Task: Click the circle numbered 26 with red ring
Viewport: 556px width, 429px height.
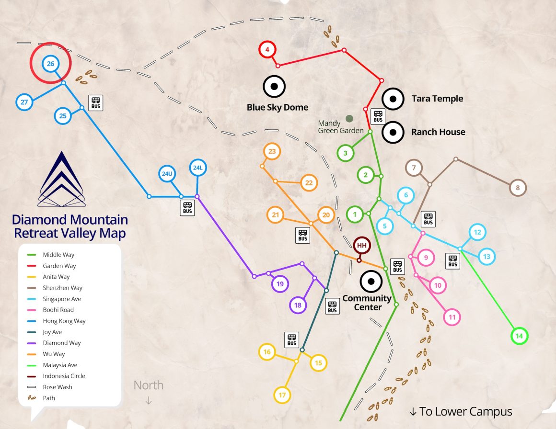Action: (x=50, y=63)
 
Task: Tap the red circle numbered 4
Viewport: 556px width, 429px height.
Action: (x=267, y=49)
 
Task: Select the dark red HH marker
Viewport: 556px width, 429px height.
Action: (x=362, y=246)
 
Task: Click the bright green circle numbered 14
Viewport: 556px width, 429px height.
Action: (x=519, y=336)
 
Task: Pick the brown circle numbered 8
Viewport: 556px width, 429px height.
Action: (x=518, y=188)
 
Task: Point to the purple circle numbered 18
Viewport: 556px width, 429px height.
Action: (x=298, y=305)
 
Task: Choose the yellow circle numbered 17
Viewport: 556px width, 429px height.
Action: (x=282, y=395)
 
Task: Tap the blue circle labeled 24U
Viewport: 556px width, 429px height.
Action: (x=167, y=174)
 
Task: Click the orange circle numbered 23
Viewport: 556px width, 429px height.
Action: (x=272, y=152)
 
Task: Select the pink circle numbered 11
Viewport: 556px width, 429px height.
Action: (x=452, y=317)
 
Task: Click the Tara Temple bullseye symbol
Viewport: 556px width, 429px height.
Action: (x=393, y=99)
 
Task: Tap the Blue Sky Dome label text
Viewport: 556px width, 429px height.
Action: (x=278, y=108)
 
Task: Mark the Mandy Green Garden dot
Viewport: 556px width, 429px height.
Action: (x=349, y=118)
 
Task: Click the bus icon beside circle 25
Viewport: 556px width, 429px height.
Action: (x=96, y=102)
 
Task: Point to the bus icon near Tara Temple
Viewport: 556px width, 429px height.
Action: (x=378, y=116)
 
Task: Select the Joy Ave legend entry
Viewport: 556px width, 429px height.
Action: (x=52, y=332)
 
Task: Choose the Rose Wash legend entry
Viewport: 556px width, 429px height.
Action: (x=57, y=387)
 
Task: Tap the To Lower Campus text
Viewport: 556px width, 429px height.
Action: (x=461, y=411)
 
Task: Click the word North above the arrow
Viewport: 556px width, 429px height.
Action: (x=148, y=385)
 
